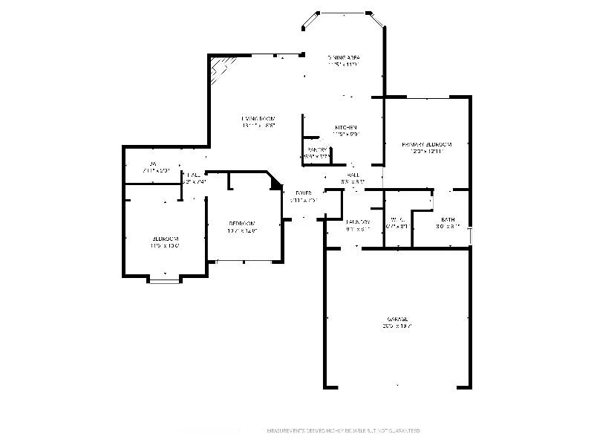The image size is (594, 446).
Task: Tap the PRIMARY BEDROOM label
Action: (x=426, y=143)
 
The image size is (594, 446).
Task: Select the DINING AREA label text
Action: (x=344, y=57)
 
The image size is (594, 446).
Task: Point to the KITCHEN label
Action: (x=345, y=127)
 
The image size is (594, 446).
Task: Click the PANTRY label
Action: (x=317, y=150)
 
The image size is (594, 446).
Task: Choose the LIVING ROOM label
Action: (x=258, y=119)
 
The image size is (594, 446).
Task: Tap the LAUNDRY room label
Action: (x=358, y=222)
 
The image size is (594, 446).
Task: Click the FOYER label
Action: (x=303, y=193)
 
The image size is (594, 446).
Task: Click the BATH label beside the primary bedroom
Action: (x=448, y=219)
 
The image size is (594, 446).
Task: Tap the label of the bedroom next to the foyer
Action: (x=241, y=223)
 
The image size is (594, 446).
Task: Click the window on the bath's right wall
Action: (x=471, y=235)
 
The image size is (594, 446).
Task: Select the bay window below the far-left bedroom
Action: (x=164, y=279)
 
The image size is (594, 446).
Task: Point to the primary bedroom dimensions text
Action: (x=426, y=151)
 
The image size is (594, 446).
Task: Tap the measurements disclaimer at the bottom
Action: (x=343, y=430)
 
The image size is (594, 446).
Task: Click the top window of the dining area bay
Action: (x=344, y=13)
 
